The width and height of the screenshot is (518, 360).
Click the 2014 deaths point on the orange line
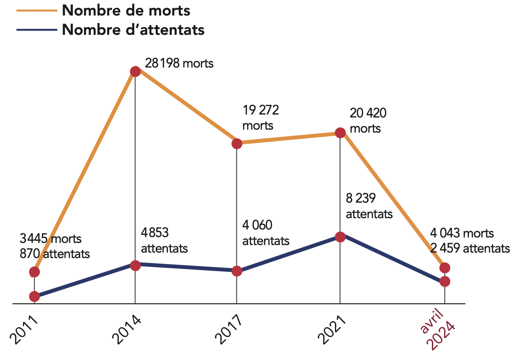pyautogui.click(x=135, y=71)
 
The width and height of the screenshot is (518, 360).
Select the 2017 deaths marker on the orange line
pyautogui.click(x=237, y=143)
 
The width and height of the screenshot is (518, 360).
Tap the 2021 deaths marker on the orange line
pyautogui.click(x=340, y=133)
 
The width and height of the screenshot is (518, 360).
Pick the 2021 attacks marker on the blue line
pyautogui.click(x=340, y=237)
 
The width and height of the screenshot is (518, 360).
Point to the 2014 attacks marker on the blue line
pyautogui.click(x=135, y=265)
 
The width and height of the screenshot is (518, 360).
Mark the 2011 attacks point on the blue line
pyautogui.click(x=34, y=296)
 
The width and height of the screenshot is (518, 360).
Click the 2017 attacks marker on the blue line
pyautogui.click(x=237, y=271)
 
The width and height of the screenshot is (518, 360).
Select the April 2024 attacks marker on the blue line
pyautogui.click(x=445, y=281)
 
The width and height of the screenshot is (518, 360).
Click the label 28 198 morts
pyautogui.click(x=179, y=64)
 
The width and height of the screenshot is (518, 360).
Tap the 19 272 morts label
pyautogui.click(x=261, y=118)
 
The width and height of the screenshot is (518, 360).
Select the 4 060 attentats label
pyautogui.click(x=266, y=233)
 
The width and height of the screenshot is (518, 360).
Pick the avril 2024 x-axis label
pyautogui.click(x=438, y=331)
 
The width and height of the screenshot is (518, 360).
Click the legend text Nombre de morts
pyautogui.click(x=126, y=10)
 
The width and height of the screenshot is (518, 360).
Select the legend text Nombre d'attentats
pyautogui.click(x=133, y=30)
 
